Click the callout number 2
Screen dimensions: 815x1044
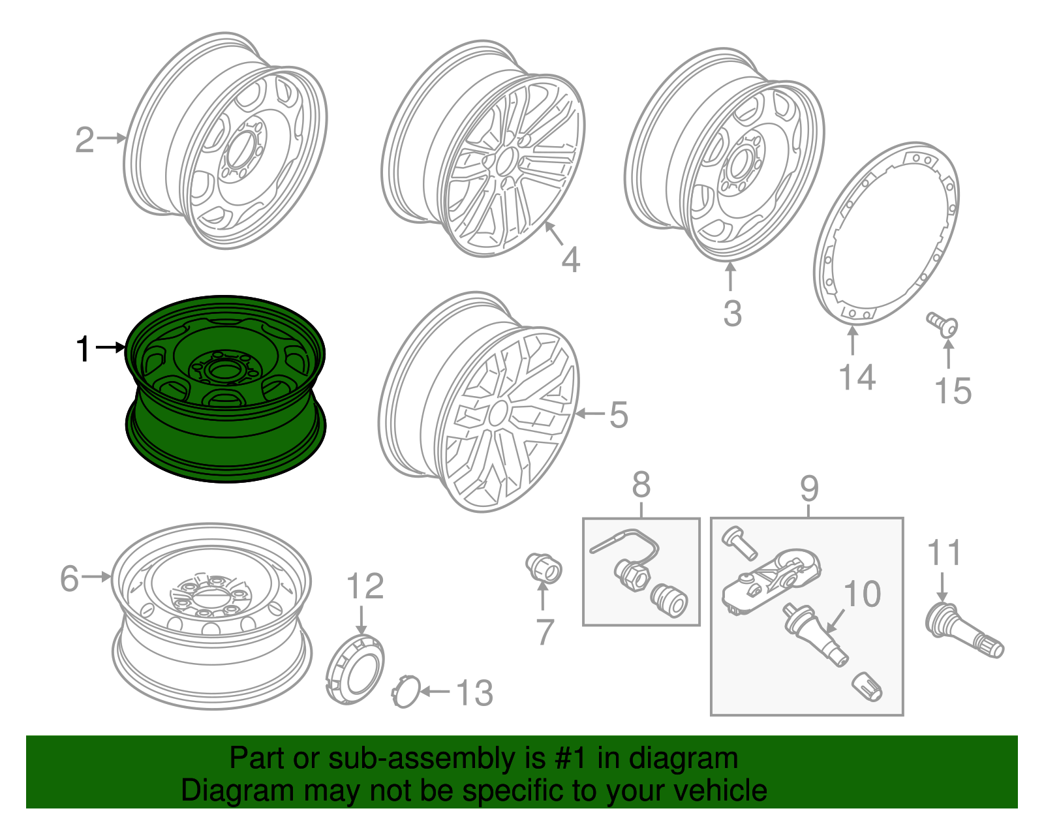tap(85, 140)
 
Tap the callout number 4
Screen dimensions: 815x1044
tap(570, 260)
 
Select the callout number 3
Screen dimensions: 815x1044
tap(732, 313)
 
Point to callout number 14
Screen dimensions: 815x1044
tap(857, 377)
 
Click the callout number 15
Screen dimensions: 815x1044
tap(953, 391)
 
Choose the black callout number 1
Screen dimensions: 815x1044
tap(84, 349)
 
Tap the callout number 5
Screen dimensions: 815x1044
tap(619, 415)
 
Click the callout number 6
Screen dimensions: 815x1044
tap(70, 579)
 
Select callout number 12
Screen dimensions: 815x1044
tap(365, 586)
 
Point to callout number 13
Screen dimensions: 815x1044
tap(474, 693)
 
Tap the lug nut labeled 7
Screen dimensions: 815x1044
tap(544, 568)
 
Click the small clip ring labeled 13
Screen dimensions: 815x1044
tap(405, 692)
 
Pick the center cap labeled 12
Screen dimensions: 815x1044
tap(355, 668)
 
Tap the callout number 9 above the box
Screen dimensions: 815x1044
tap(809, 488)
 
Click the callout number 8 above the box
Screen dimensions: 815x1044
tap(641, 485)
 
